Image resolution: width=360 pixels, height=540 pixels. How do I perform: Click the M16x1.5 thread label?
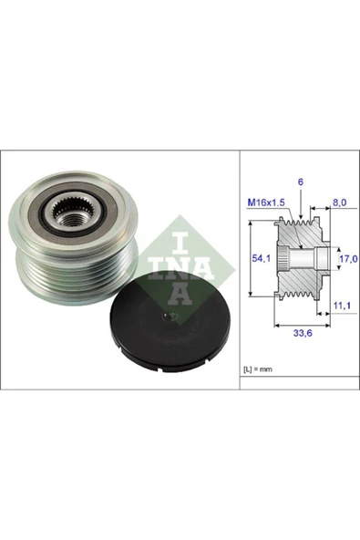pos(266,202)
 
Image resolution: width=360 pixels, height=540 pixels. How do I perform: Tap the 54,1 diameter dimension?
pos(262,258)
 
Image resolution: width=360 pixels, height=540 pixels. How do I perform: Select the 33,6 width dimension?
pos(303,333)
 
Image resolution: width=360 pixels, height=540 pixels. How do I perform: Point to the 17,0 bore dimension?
pos(349,259)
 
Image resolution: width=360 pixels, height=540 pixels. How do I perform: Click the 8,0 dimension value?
pos(339,202)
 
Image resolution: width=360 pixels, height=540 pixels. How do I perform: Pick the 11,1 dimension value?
pos(342,306)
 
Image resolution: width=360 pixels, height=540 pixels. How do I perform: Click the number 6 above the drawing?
pos(301,182)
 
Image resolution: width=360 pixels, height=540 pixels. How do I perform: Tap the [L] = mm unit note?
pos(258,369)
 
